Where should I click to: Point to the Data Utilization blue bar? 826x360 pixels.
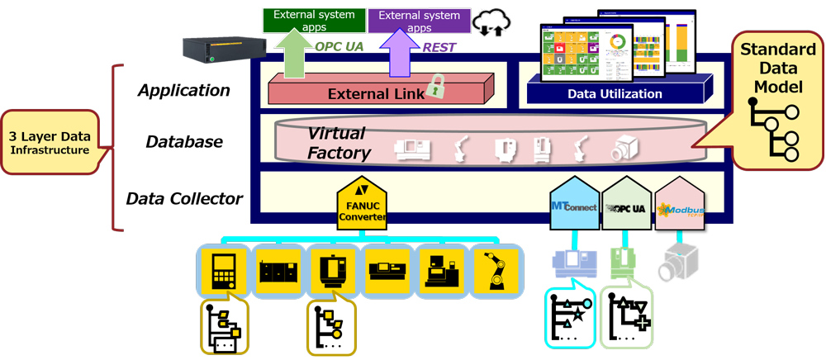pos(614,93)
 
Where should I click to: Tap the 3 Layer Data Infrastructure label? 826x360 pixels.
pos(50,141)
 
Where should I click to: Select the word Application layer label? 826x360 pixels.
pos(183,90)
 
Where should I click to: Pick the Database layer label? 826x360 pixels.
pos(183,141)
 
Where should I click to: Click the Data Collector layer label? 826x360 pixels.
pos(184,198)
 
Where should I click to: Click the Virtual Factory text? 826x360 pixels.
pos(339,142)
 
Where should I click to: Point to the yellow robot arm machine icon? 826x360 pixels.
pos(497,268)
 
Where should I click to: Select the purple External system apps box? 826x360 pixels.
pos(419,21)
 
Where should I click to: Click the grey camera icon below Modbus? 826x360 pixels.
pos(679,263)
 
